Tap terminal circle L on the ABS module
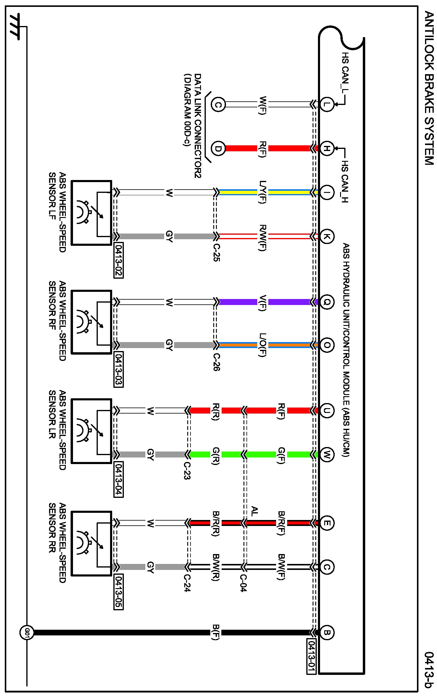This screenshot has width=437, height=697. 327,104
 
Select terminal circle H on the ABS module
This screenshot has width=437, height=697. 327,148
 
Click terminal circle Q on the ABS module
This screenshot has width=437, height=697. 327,302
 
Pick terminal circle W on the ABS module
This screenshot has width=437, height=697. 327,455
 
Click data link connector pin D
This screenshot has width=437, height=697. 218,148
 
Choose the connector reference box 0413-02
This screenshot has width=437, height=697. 118,261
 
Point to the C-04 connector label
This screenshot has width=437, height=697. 243,583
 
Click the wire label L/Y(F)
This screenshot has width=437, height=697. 262,192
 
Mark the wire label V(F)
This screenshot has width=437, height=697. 262,303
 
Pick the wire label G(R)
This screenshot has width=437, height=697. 216,456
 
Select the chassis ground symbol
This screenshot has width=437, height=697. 15,26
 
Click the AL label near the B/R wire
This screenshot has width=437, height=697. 254,511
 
